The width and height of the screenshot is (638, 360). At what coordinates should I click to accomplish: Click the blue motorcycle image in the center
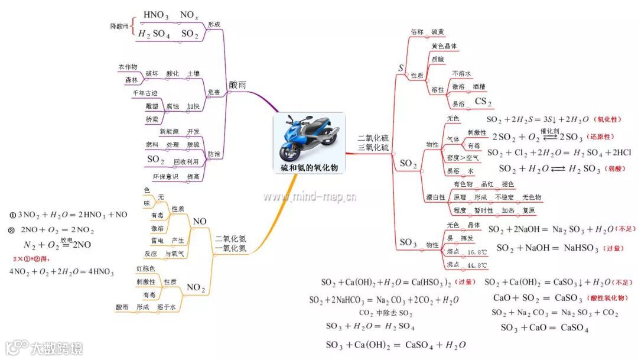point(309,138)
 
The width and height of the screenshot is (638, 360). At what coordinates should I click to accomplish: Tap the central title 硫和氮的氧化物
point(310,168)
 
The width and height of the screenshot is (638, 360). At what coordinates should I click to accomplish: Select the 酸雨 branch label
point(237,85)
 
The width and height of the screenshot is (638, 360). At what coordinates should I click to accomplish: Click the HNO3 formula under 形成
point(156,14)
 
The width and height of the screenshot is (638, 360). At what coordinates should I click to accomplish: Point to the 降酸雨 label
point(119,26)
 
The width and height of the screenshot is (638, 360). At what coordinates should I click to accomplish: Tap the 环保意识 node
point(165,176)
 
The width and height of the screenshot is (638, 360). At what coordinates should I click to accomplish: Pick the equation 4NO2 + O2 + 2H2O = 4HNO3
point(61,271)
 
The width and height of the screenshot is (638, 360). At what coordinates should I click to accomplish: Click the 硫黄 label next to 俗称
point(438,31)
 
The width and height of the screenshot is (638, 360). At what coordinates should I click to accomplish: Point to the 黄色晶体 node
point(444,46)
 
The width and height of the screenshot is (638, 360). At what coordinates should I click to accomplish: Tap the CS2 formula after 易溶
point(483,102)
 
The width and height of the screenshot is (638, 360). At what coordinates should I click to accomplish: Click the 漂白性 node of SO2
point(435,197)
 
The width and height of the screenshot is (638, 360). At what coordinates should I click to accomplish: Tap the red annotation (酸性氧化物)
point(605,298)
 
